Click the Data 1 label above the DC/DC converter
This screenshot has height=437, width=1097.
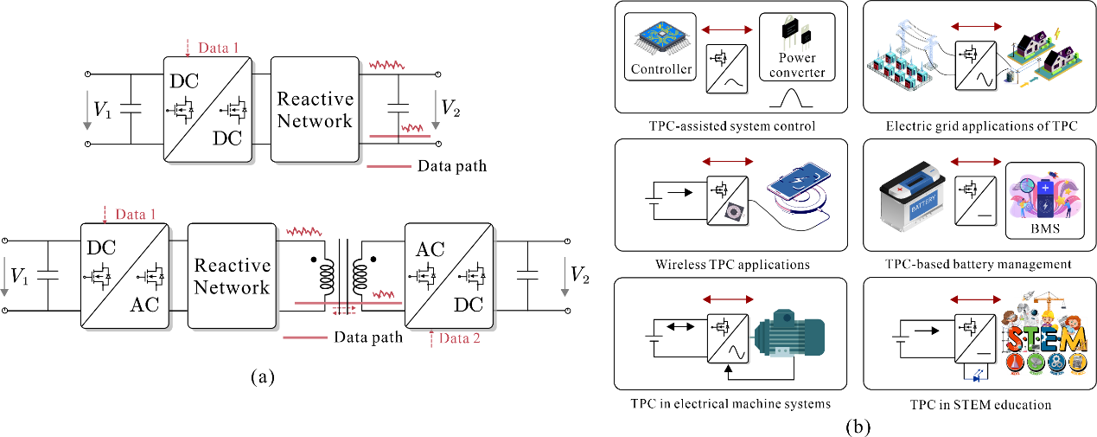[x=219, y=48]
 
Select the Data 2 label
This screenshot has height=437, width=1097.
[x=459, y=338]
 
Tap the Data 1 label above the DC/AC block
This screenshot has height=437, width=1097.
[x=136, y=214]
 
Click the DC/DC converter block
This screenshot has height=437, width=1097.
[x=208, y=109]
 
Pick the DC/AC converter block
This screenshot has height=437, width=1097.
[x=125, y=275]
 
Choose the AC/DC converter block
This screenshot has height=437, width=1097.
[x=450, y=275]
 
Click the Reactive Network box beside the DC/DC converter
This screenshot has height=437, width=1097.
[x=315, y=109]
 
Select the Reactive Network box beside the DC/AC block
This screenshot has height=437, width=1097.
[x=232, y=275]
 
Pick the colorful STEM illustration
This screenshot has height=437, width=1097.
[x=1043, y=334]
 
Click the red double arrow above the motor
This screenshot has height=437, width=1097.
[x=728, y=299]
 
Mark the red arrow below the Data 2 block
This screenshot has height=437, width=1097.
[x=431, y=338]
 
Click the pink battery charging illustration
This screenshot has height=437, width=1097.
[x=1044, y=196]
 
